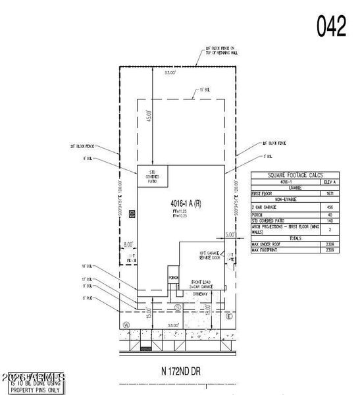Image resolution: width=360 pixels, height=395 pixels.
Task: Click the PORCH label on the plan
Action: pyautogui.click(x=174, y=278)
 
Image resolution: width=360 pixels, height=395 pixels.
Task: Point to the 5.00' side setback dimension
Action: pyautogui.click(x=230, y=234)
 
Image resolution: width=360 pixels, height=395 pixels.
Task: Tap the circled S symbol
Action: pyautogui.click(x=177, y=307)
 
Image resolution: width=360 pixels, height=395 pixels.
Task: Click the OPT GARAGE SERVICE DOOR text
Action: pyautogui.click(x=211, y=256)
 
